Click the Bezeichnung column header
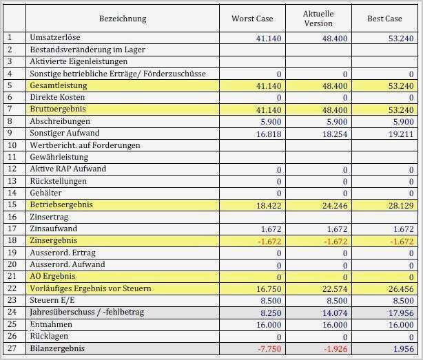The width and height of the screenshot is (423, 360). point(123,19)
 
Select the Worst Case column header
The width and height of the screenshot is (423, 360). point(251,19)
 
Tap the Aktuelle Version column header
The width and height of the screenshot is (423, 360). point(318,19)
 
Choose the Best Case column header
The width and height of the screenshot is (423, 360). point(384,19)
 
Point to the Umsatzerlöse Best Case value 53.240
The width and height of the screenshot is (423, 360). point(402,38)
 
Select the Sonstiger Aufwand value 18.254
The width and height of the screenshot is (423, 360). point(335,134)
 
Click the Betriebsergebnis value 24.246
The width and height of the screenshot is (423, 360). point(335,205)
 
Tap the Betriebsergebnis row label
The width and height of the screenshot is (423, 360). point(61,205)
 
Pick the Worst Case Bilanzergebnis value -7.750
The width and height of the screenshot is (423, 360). point(269,348)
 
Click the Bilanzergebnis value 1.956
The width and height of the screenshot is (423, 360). point(404,348)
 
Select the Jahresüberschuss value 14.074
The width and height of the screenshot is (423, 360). point(335,313)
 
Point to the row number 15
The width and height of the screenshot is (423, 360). point(11,205)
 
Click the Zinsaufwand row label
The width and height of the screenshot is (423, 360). point(54,229)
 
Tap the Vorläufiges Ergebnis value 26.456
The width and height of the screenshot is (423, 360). point(402,288)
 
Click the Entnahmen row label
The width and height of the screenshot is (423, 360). point(52,324)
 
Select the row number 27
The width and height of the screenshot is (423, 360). point(11,348)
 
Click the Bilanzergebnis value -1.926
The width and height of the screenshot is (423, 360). point(336,348)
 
